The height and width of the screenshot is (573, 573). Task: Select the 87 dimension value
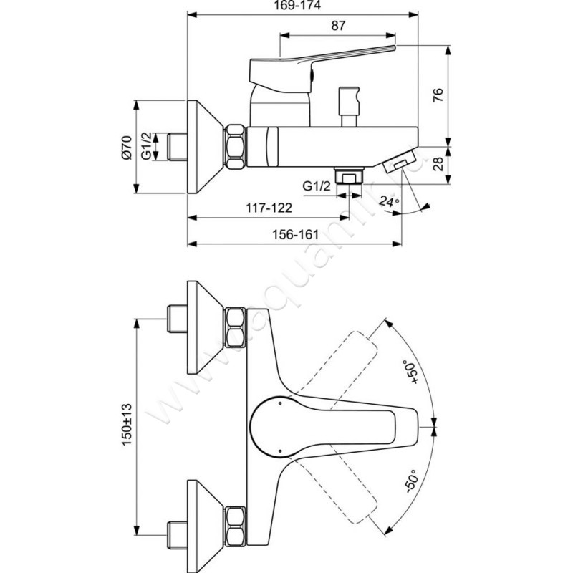pos(338,25)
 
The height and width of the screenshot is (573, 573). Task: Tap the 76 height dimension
pos(438,95)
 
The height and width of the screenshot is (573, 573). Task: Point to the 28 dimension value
pos(438,163)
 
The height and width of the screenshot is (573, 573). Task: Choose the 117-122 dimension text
pos(269,208)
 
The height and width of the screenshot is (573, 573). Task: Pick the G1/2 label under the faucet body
pos(317,186)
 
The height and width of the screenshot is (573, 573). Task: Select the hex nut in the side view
pos(236,148)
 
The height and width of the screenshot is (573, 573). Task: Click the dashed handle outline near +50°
pos(349,358)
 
